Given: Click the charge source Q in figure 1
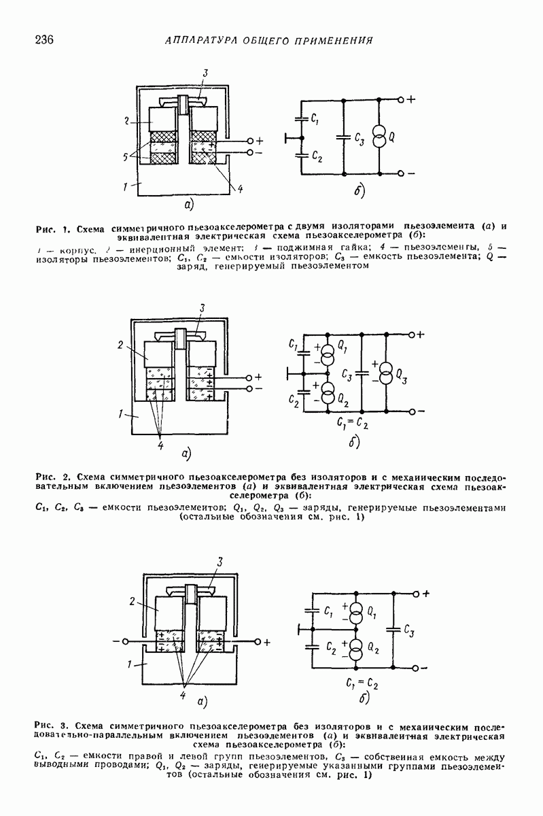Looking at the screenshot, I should pyautogui.click(x=379, y=137).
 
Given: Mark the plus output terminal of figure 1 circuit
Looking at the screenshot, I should pyautogui.click(x=401, y=99).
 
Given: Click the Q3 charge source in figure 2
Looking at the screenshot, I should pyautogui.click(x=385, y=373).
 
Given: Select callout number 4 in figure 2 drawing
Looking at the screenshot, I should pyautogui.click(x=161, y=445).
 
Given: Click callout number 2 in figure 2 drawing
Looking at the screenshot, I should pyautogui.click(x=119, y=345).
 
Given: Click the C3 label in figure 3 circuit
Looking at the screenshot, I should pyautogui.click(x=409, y=630).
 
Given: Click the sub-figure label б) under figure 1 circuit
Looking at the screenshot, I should pyautogui.click(x=360, y=191).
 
